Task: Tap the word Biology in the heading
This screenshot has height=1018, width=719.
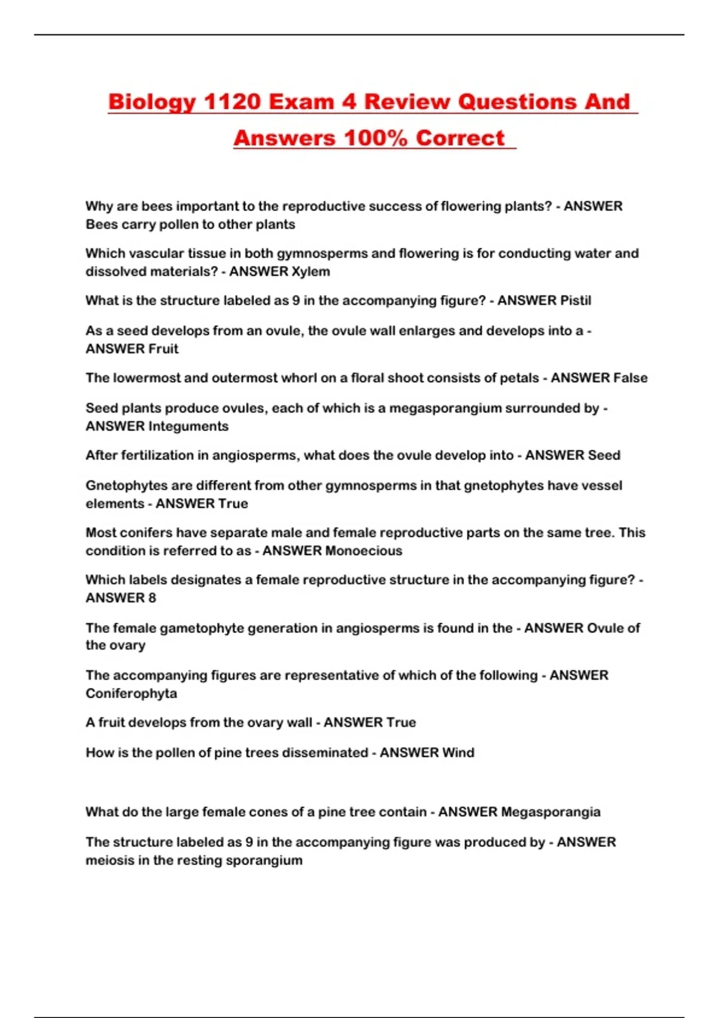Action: click(x=151, y=102)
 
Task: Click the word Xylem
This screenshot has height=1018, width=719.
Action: click(x=310, y=271)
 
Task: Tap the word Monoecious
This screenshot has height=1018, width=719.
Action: click(x=364, y=551)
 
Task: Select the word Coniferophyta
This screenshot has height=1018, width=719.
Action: click(x=131, y=693)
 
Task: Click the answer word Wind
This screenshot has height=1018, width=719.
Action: click(x=458, y=753)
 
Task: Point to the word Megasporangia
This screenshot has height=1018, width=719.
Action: click(x=551, y=812)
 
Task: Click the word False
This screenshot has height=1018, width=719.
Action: click(x=626, y=378)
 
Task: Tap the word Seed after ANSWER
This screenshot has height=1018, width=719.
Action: click(x=604, y=455)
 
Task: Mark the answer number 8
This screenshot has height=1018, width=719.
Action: click(x=152, y=598)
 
